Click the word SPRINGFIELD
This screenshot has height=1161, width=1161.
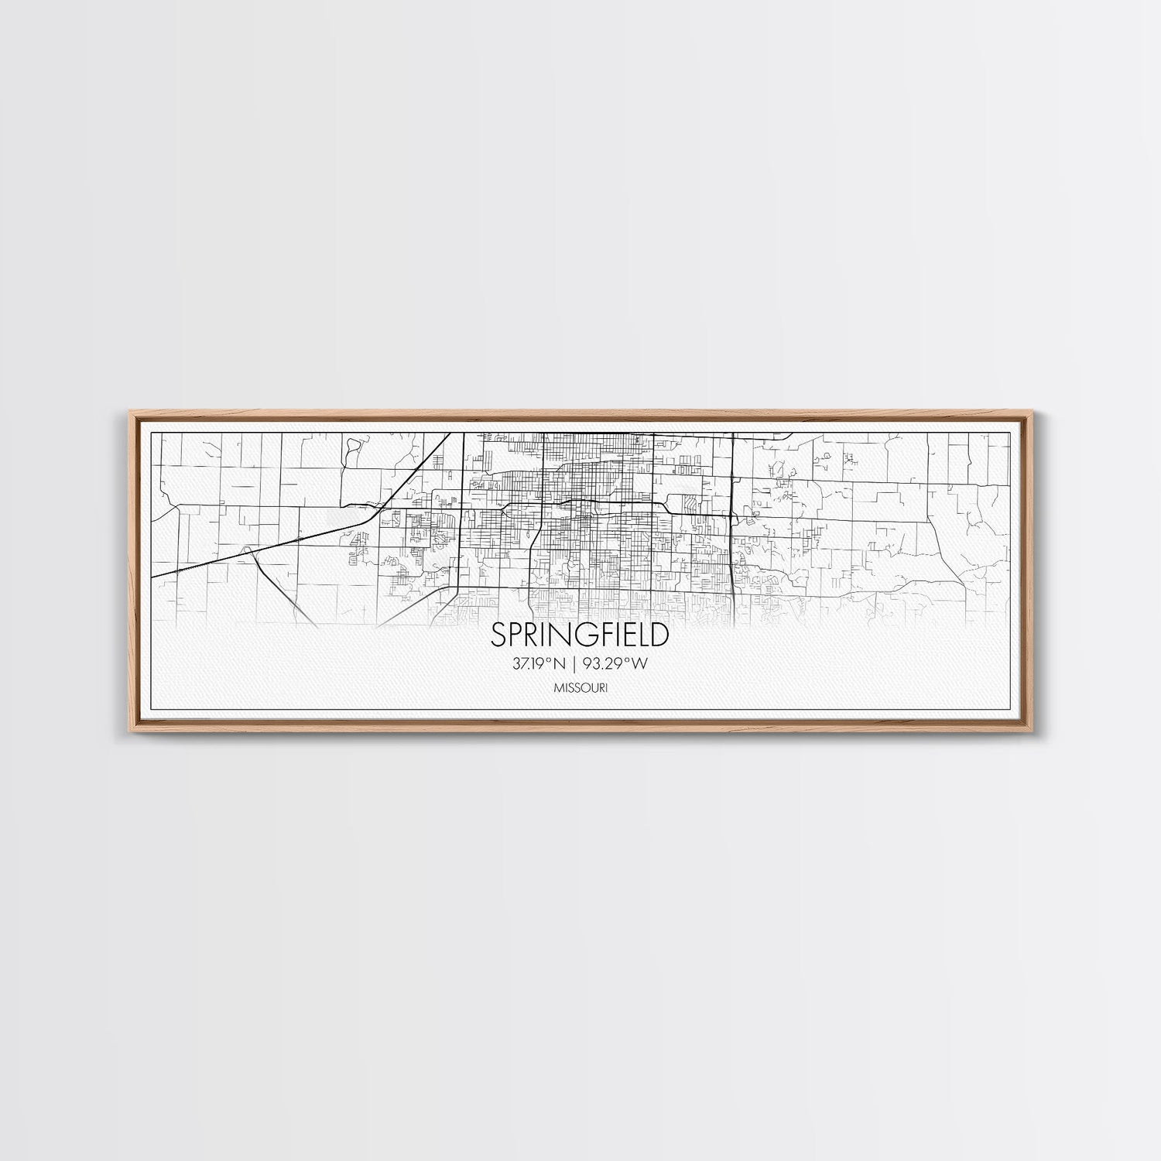[x=580, y=635]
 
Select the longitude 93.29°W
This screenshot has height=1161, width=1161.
[x=619, y=663]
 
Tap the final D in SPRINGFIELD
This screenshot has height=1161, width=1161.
[x=659, y=635]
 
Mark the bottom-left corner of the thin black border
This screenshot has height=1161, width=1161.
[x=150, y=708]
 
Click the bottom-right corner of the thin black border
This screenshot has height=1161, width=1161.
[x=1011, y=708]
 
